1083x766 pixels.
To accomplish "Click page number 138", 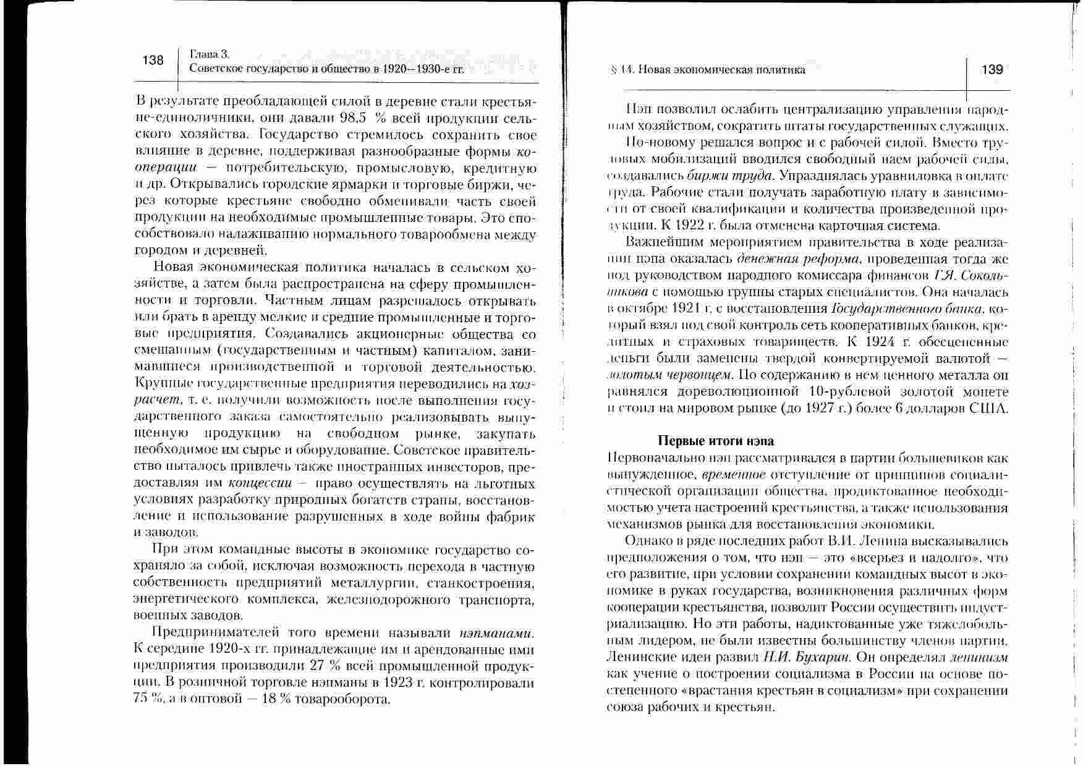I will [x=153, y=60].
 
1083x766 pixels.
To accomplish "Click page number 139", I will [x=992, y=69].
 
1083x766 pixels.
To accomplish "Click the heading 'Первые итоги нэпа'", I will [x=715, y=441].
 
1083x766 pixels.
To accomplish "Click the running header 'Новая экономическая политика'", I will [x=721, y=70].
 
